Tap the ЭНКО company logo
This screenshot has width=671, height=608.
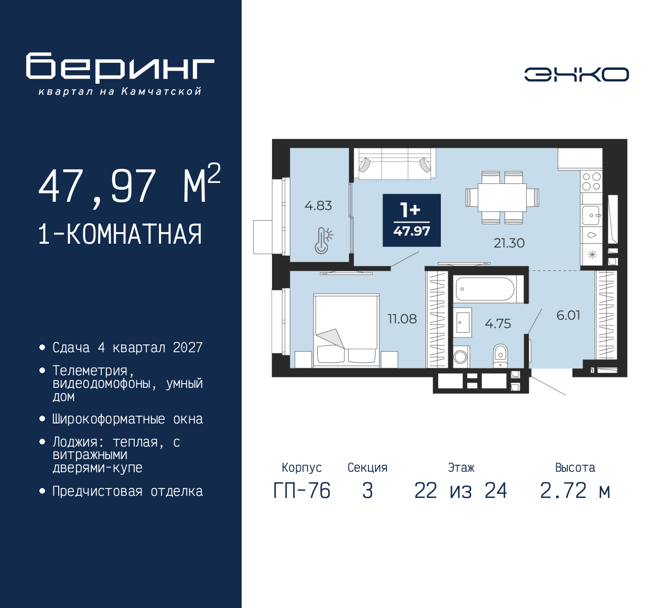point(576,74)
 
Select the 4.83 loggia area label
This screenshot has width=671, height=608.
point(318,205)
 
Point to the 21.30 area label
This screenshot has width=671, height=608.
point(508,243)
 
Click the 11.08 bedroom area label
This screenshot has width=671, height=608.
point(402,319)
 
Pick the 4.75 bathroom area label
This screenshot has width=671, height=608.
point(497,324)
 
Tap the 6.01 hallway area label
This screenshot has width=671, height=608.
point(568,315)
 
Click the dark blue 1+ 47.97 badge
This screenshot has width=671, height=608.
point(412,220)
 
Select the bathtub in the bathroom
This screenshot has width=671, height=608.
point(485,289)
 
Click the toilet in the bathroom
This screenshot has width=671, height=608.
point(501,355)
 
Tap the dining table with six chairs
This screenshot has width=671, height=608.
point(502,198)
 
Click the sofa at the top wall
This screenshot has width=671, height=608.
point(395,163)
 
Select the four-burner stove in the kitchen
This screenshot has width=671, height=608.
point(591,181)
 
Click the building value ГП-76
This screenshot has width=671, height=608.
point(302,491)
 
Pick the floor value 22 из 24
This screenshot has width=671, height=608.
point(460,491)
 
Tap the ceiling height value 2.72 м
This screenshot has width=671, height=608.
point(575,491)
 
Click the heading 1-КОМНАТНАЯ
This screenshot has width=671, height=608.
point(120,234)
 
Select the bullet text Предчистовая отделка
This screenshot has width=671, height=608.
point(127,491)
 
